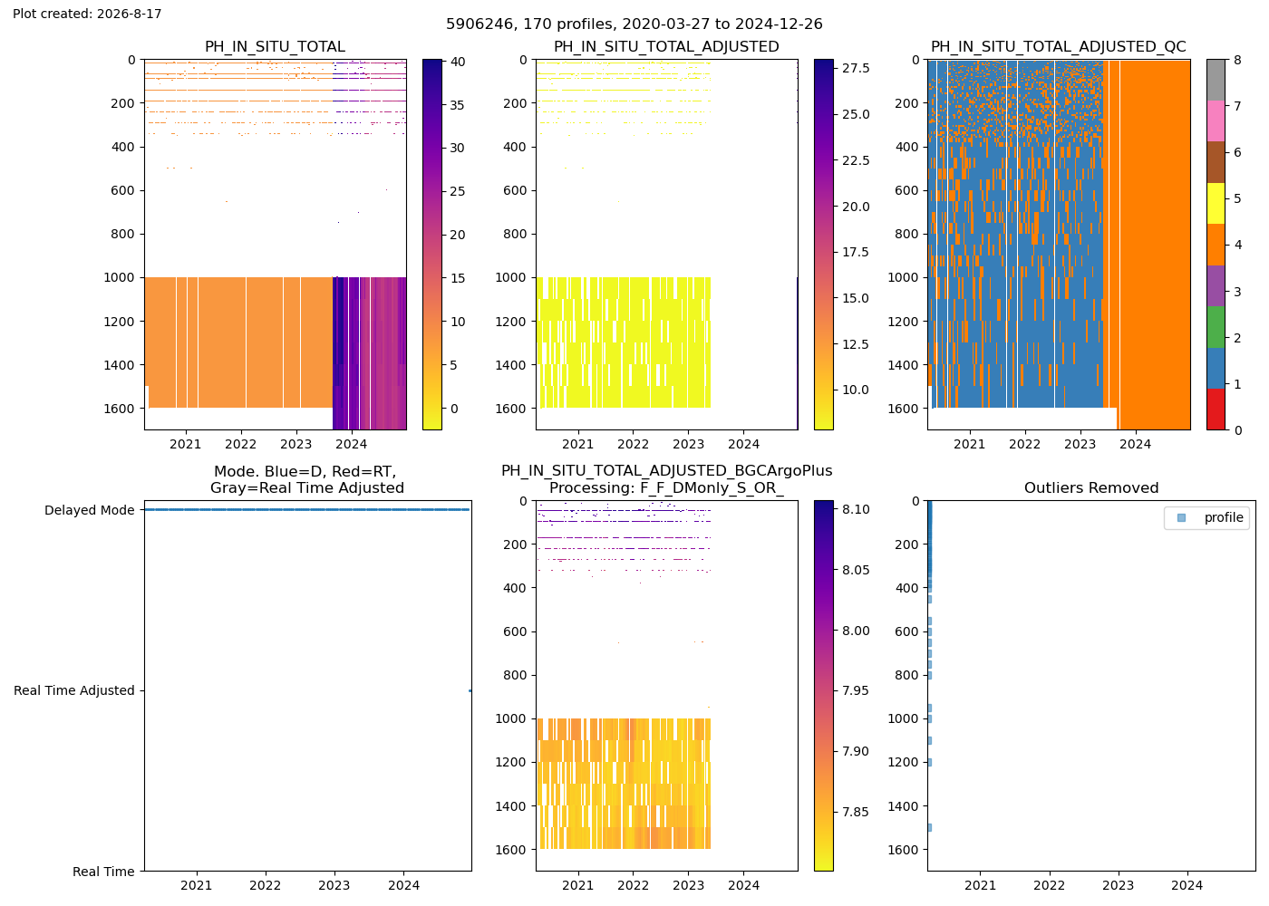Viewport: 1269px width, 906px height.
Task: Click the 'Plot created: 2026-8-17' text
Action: [87, 14]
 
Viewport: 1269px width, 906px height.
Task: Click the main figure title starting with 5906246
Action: [634, 24]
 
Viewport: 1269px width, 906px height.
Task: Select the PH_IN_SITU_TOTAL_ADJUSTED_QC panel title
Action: [1059, 46]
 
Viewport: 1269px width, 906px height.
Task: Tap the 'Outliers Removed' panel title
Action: [1091, 488]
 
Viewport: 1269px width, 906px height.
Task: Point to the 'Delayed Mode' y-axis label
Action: [90, 510]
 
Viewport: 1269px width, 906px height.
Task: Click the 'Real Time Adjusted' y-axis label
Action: [74, 690]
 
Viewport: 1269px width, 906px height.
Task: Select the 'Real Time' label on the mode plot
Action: [103, 872]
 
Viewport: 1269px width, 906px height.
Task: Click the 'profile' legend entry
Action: [1223, 517]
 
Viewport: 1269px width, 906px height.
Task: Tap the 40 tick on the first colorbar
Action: [458, 62]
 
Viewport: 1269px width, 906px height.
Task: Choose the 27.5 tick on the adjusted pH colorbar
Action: [856, 68]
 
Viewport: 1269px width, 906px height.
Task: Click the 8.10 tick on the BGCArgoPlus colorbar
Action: [856, 509]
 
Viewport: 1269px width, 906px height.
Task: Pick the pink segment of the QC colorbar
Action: [1216, 121]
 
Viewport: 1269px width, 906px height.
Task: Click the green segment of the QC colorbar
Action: [1216, 327]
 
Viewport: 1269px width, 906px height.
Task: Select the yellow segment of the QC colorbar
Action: [1216, 204]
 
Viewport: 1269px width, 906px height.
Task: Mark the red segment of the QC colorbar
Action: [1216, 410]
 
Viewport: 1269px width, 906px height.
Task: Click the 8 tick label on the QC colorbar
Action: [1237, 60]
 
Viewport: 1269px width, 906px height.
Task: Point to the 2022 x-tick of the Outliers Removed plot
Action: [1050, 886]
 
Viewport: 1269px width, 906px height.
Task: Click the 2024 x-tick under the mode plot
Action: [403, 886]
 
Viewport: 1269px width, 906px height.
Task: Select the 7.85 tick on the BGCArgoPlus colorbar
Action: [856, 812]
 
